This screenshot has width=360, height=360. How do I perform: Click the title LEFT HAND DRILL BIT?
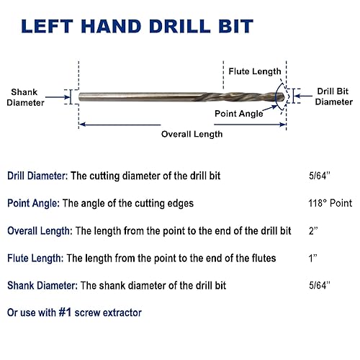[137, 27]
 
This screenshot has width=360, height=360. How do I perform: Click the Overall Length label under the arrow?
[191, 134]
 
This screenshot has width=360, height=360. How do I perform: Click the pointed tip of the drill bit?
[285, 96]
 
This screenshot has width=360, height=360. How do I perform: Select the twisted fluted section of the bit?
[248, 96]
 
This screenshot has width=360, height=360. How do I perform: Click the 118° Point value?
[328, 204]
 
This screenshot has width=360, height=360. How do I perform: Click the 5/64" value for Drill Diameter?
[317, 176]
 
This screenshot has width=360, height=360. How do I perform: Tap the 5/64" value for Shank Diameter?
[317, 286]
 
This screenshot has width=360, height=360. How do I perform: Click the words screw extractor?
[114, 313]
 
